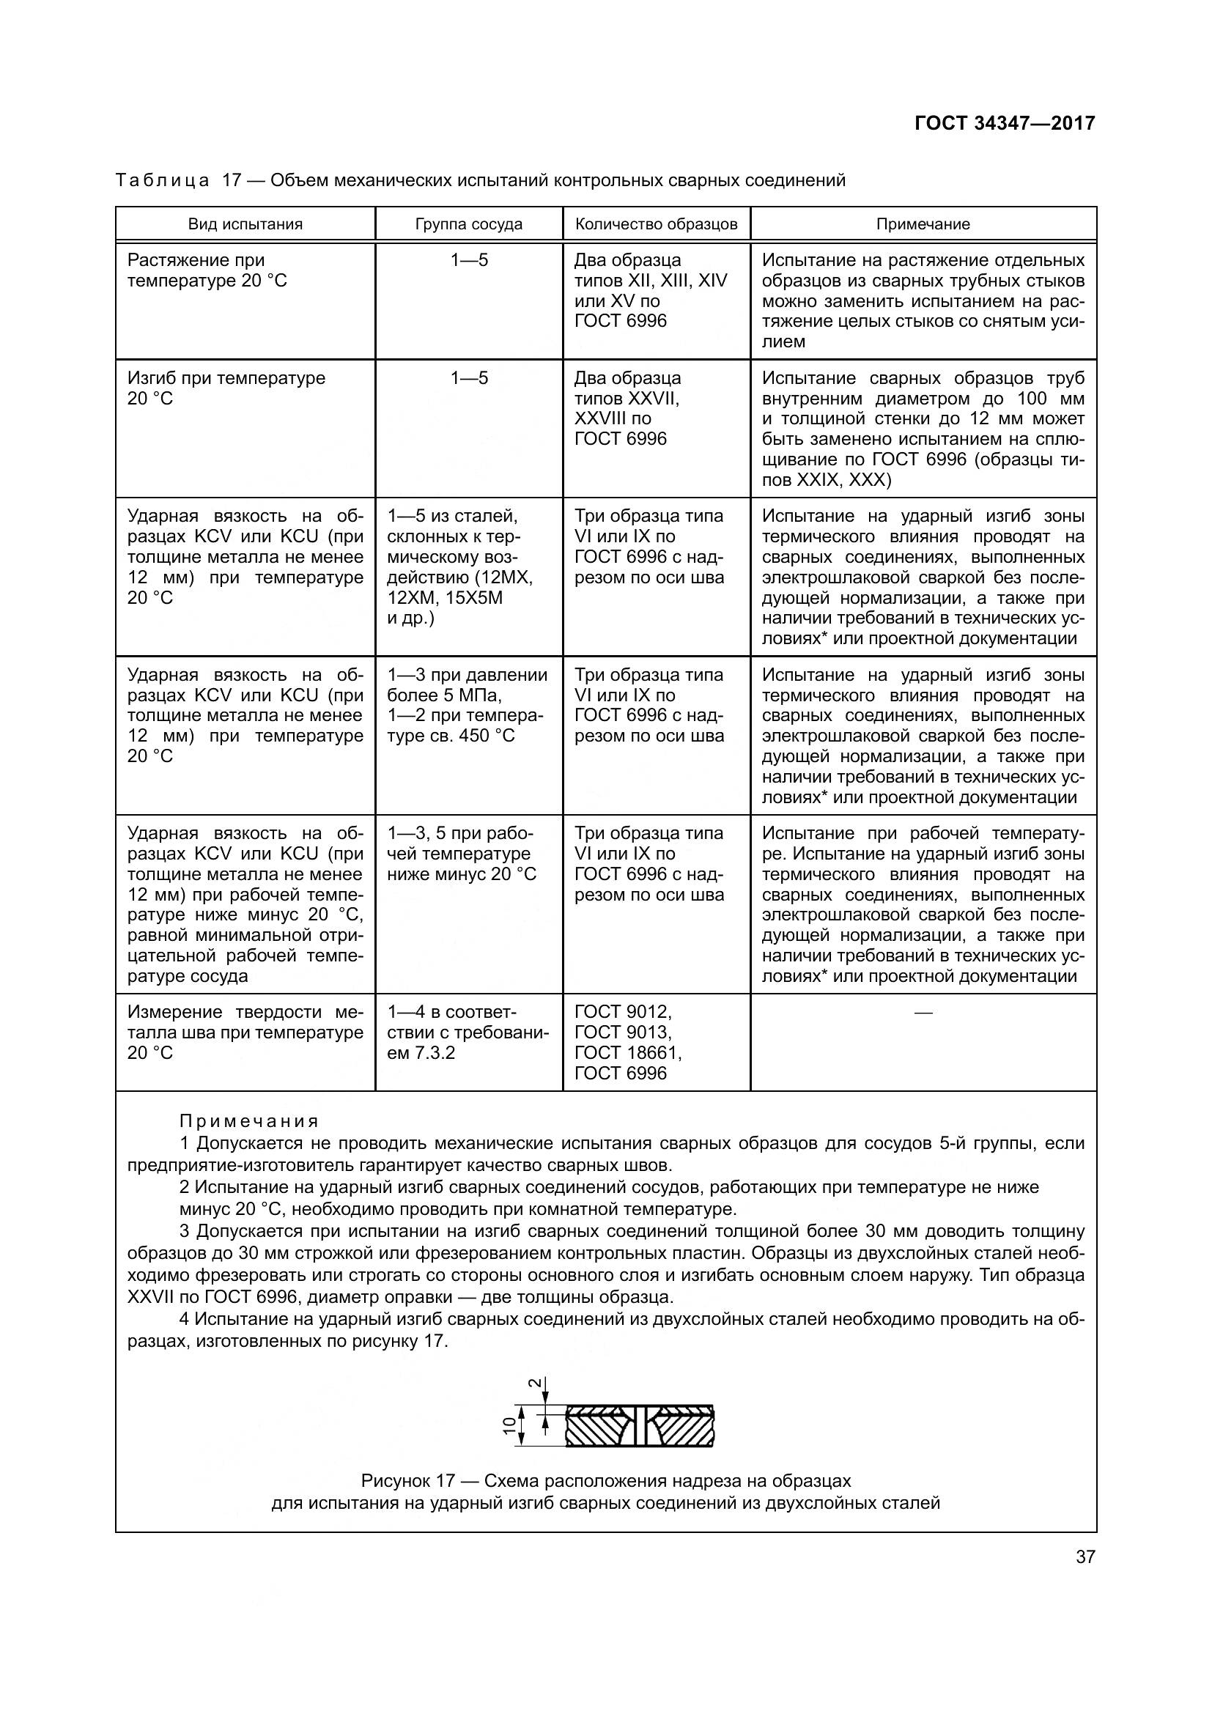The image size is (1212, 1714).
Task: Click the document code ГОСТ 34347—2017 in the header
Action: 1005,123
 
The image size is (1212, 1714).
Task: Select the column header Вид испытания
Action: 245,224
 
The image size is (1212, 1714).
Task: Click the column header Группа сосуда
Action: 469,224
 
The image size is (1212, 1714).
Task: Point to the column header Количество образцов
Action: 656,224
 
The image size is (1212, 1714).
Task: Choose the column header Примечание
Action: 923,224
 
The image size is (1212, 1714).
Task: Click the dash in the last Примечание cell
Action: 923,1012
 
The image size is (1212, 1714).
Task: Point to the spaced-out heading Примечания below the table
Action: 248,1120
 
